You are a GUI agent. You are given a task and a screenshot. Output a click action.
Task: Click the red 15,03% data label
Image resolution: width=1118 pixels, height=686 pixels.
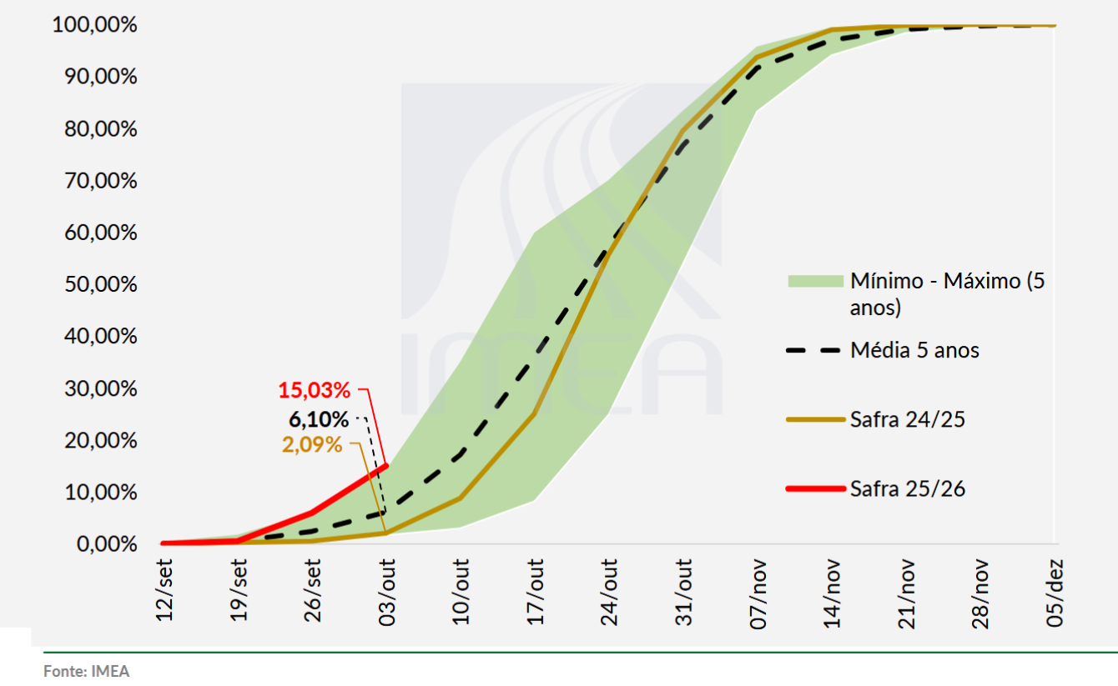coord(314,389)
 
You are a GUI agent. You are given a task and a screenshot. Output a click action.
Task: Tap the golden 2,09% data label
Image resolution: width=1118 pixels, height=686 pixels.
coord(312,444)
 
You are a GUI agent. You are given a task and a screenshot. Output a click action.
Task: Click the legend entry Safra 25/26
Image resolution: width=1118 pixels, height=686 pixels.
coord(908,488)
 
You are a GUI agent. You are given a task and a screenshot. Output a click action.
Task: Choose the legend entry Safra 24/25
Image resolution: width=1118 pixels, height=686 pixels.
coord(908,419)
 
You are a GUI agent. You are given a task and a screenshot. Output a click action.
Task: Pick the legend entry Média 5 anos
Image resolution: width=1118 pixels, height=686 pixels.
coord(914,350)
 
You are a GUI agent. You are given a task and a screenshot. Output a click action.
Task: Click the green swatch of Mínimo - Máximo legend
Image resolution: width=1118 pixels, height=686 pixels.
coord(814,281)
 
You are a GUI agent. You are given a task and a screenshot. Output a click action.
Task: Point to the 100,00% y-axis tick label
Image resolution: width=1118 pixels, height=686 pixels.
coord(94,25)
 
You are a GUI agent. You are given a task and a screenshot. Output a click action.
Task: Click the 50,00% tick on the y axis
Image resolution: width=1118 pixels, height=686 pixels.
coord(99,284)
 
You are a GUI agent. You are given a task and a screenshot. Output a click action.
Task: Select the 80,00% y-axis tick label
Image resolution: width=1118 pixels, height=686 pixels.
coord(99,129)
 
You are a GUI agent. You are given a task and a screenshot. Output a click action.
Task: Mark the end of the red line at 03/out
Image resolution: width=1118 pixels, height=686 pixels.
coord(386,465)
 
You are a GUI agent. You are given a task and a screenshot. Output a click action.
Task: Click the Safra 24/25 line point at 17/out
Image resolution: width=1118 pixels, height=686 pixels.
coord(534,413)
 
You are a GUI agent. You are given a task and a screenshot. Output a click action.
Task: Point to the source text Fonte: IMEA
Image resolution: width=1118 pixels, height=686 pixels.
coord(87,671)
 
